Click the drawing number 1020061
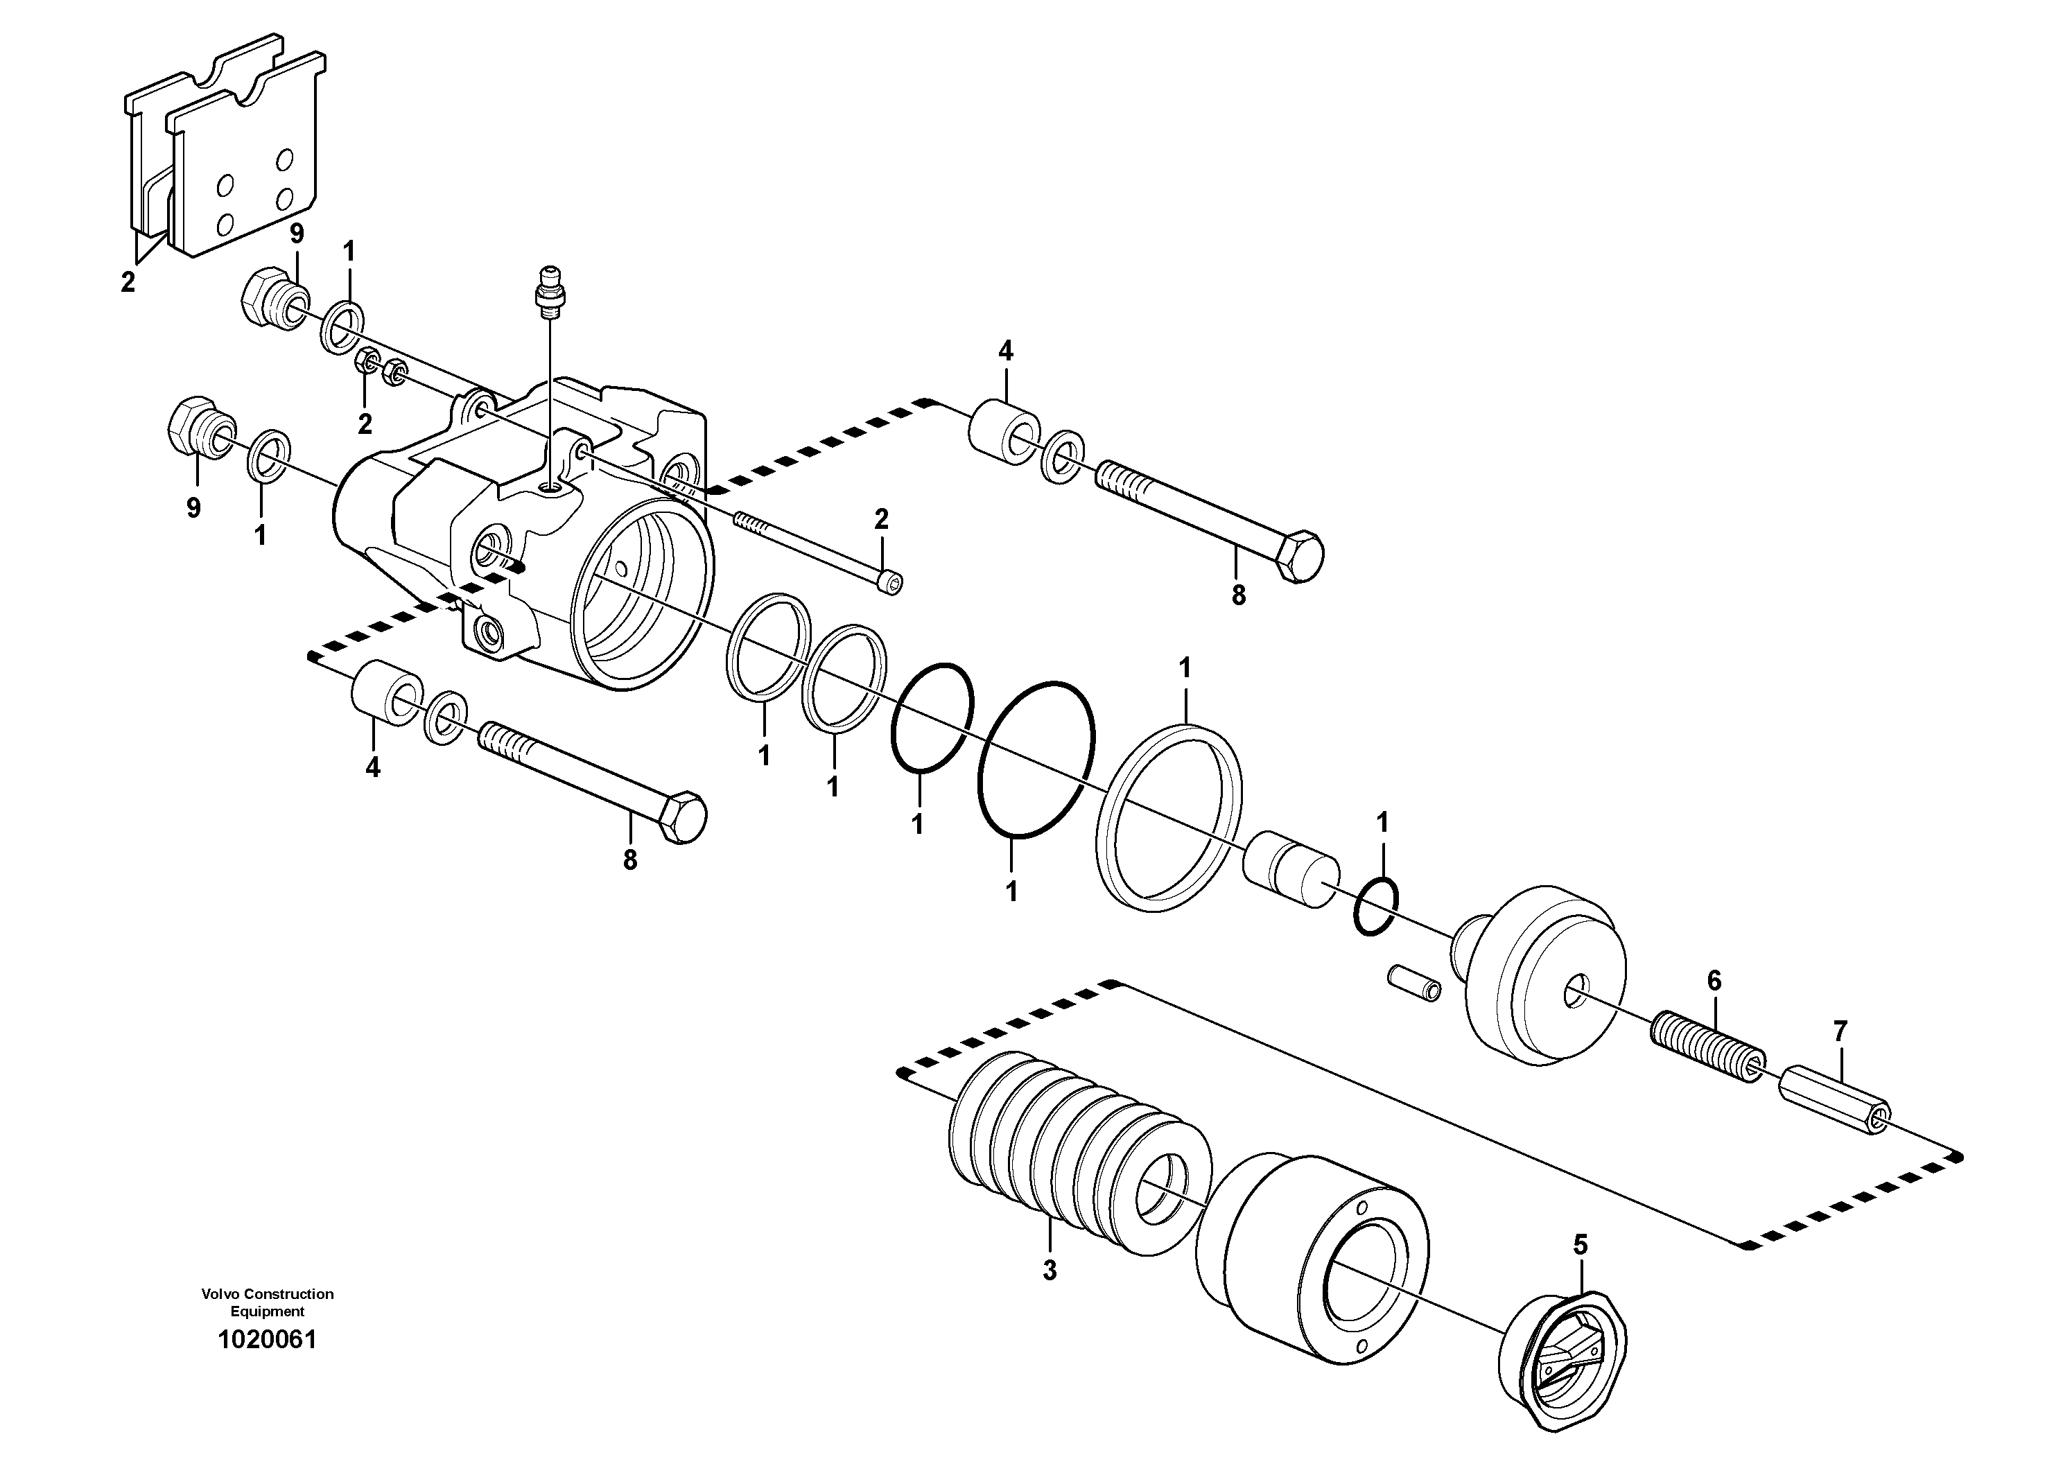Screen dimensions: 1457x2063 tap(267, 1341)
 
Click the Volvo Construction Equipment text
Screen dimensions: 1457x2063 tap(267, 1302)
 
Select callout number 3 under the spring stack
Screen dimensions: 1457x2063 tap(1049, 1271)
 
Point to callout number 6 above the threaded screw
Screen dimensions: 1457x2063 tap(1714, 981)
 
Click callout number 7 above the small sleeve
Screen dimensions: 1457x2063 tap(1839, 1032)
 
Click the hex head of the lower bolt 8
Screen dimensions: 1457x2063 tap(683, 817)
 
